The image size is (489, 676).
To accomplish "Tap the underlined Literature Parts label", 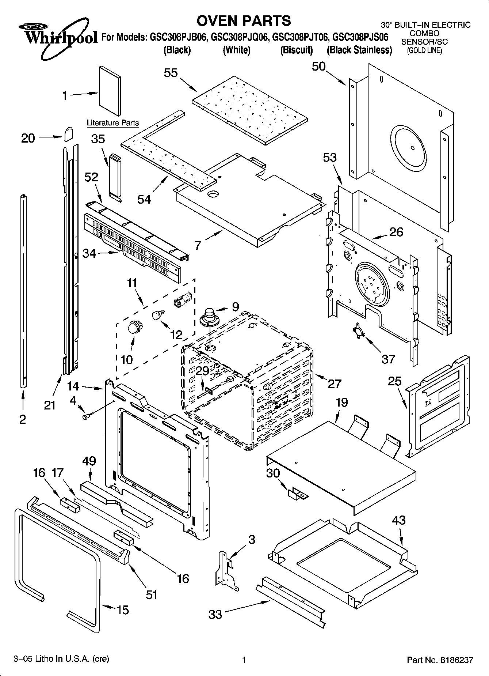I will [x=112, y=123].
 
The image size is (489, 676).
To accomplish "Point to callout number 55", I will [x=171, y=73].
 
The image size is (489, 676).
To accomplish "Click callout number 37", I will [x=388, y=359].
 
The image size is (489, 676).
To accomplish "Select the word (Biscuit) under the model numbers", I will [x=296, y=50].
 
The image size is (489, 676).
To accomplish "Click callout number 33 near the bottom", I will [x=215, y=614].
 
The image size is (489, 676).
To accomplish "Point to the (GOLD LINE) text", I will [x=424, y=51].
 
